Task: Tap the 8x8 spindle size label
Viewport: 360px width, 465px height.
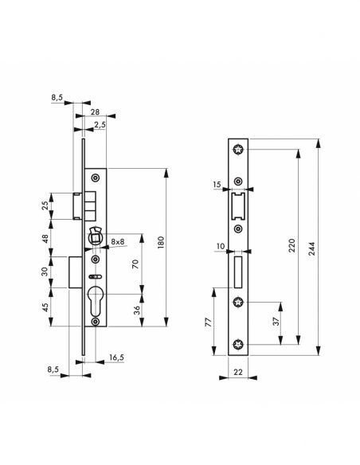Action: point(118,241)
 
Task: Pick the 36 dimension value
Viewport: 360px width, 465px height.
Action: point(136,309)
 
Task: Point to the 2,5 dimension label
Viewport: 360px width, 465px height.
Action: point(100,125)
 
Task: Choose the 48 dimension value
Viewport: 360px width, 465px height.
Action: point(45,238)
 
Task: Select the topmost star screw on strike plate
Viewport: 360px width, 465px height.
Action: point(238,149)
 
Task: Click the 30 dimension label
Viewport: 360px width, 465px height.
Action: point(45,272)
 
